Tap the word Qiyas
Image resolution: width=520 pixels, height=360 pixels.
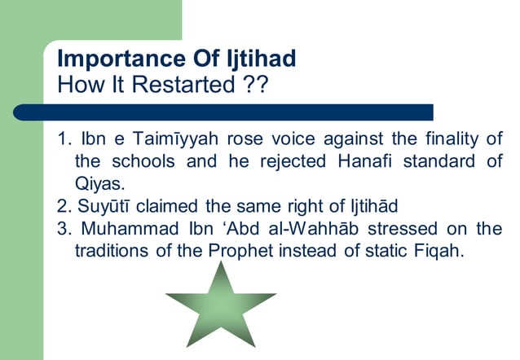coord(99,184)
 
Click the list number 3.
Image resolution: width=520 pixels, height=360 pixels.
coord(64,229)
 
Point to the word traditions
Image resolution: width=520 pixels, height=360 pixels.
coord(110,252)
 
